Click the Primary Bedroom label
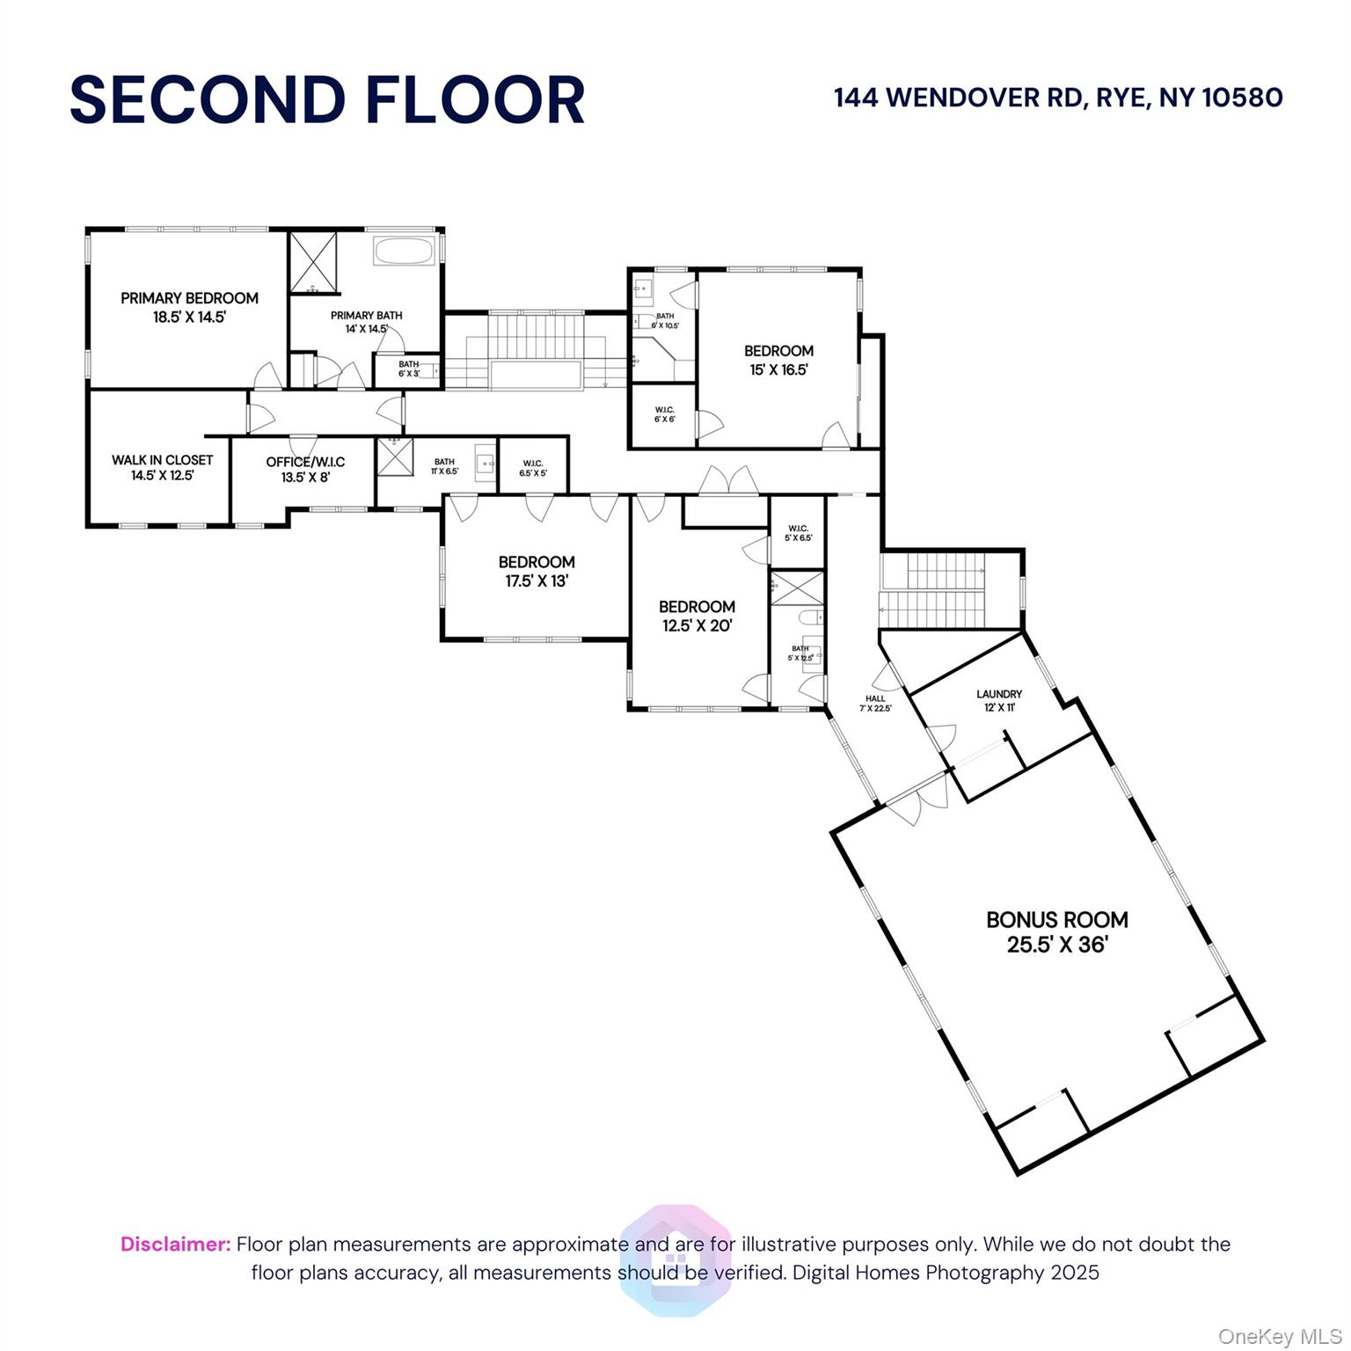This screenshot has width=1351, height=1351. tap(189, 298)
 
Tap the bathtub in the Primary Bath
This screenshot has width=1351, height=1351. tap(404, 251)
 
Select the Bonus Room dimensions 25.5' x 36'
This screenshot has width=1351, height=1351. tap(1056, 945)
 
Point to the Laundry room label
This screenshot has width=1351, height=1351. tap(999, 694)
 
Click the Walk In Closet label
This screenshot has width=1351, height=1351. tap(162, 460)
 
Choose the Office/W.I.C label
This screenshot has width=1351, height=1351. tap(305, 462)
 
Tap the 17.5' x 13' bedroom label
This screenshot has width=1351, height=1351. tap(537, 571)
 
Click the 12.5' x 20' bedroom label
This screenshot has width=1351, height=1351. tap(697, 616)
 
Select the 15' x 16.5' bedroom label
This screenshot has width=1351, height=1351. tap(778, 360)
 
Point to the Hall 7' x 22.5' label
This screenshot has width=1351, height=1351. tap(875, 703)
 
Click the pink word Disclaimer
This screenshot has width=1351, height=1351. tap(175, 1244)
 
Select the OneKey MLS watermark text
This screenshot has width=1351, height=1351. tap(1280, 1336)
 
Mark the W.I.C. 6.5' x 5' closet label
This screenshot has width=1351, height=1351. tap(533, 468)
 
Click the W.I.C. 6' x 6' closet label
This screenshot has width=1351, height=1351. tap(664, 414)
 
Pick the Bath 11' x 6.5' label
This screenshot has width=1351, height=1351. tap(444, 466)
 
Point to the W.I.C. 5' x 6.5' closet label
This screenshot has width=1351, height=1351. tap(798, 533)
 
